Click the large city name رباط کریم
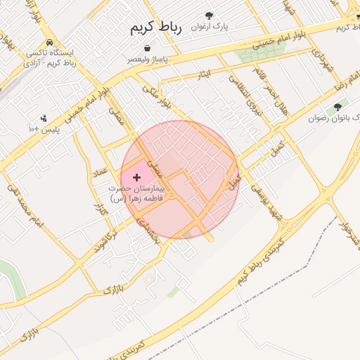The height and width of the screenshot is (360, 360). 155,27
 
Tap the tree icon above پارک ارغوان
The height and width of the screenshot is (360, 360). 208,15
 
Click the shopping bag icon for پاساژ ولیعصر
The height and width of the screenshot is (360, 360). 147,49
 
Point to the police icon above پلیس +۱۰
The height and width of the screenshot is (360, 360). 44,117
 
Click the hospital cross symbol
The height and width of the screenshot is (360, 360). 136,178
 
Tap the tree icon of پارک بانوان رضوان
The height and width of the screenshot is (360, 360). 337,107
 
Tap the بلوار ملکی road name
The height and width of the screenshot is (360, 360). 156,96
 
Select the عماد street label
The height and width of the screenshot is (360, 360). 102,173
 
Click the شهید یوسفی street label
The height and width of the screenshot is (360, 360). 266,198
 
